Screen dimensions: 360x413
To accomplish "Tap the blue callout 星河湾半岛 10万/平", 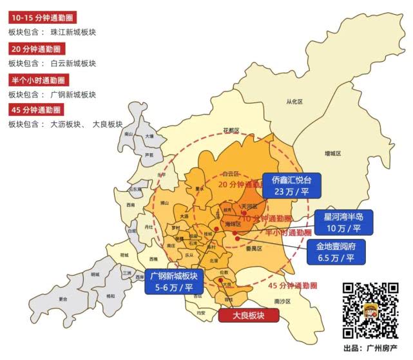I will click(343, 222).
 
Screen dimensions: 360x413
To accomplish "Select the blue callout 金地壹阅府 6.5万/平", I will click(336, 251).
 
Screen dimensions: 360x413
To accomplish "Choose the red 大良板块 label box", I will click(249, 315).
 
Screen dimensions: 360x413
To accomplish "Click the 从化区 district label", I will click(294, 102).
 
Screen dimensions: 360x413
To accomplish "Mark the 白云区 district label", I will click(231, 174).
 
